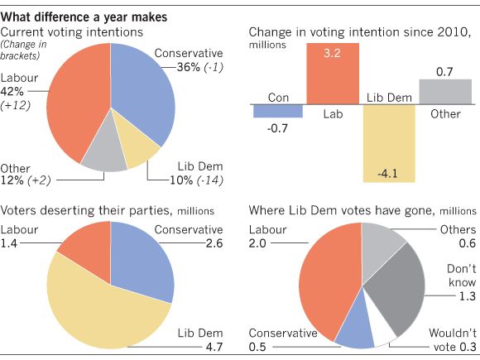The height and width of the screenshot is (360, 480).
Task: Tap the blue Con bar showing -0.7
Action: (x=278, y=109)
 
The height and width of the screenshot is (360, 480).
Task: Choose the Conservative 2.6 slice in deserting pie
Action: (x=143, y=261)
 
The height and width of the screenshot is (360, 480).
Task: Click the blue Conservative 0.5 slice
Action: (x=356, y=330)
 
